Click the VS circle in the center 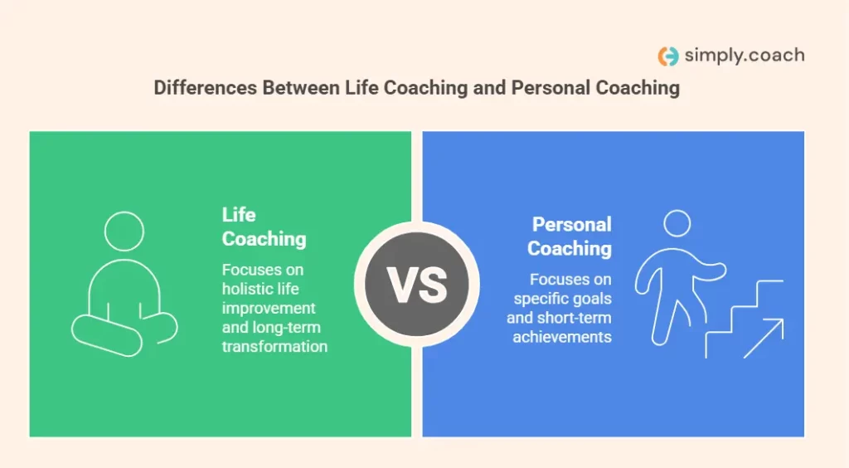point(417,284)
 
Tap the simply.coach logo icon point(667,56)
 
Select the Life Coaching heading point(264,227)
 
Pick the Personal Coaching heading point(570,236)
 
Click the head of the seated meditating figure point(124,232)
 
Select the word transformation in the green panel point(274,346)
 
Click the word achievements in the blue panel point(562,336)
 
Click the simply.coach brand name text point(744,56)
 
